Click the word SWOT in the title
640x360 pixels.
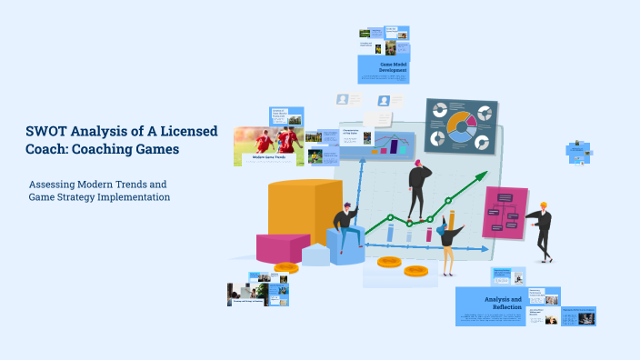click(x=46, y=132)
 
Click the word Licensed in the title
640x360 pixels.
click(x=185, y=132)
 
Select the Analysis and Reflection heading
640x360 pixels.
click(x=503, y=303)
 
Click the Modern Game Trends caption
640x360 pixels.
click(x=269, y=158)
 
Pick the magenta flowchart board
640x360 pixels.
click(x=505, y=214)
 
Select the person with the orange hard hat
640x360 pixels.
click(x=540, y=227)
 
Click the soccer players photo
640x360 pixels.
click(x=268, y=140)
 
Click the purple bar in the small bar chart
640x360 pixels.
click(x=395, y=145)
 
